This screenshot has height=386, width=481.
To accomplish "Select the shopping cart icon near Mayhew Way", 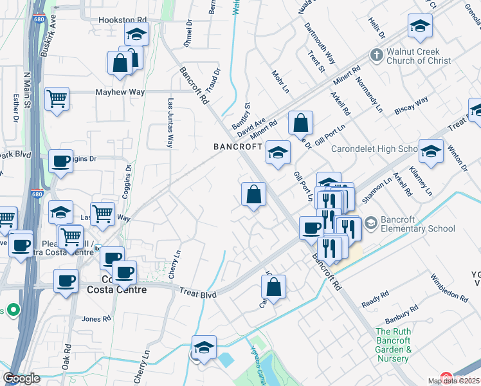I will (57, 100).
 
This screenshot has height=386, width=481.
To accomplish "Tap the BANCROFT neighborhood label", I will (238, 147).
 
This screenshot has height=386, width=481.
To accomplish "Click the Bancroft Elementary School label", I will (418, 224).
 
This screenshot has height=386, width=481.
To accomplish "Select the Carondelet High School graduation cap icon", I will (430, 151).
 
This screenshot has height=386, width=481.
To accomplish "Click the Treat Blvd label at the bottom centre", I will (197, 293).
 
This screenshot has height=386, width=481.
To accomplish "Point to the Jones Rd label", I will (96, 318).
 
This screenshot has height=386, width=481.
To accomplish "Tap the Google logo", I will (22, 378).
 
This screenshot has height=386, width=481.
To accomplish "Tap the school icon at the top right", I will (419, 26).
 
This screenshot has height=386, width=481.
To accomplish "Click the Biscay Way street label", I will (412, 106).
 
